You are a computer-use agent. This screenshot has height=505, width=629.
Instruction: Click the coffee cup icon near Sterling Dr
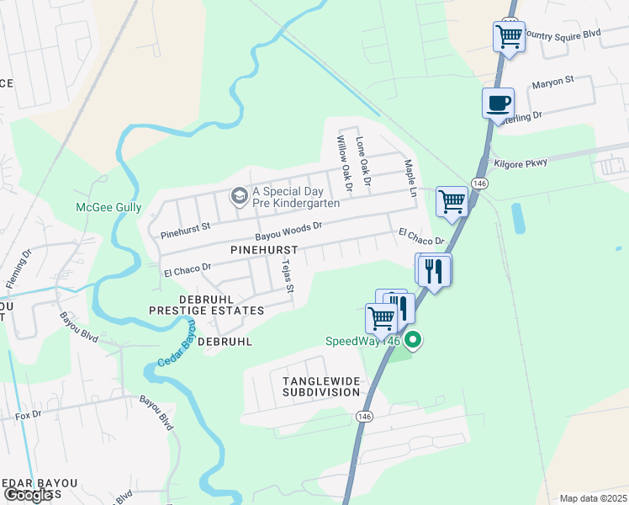coord(498,103)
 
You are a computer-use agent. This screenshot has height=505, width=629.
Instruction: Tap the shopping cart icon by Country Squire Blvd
coord(509,36)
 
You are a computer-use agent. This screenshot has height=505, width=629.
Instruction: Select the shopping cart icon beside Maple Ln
coord(452,201)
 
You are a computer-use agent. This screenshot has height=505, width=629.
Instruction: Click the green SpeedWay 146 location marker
coord(413,341)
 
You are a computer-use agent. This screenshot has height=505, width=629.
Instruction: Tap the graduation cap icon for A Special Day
coord(240,196)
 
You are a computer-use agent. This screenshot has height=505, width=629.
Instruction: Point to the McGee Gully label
coord(108,207)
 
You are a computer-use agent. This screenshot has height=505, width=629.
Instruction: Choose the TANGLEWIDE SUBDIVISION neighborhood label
coord(321,387)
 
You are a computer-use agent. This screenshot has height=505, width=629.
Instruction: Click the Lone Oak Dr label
coord(363,161)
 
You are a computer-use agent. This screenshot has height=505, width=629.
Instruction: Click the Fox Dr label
coord(28,415)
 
